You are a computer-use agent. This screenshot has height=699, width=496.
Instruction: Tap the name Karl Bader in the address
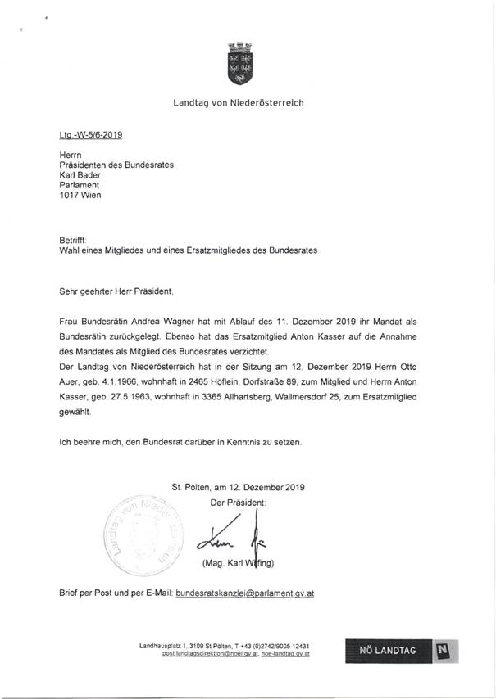coord(80,174)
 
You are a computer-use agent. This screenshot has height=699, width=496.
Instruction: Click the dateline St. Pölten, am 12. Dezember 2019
coord(238,487)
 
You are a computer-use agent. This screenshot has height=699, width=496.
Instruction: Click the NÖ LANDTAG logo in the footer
coord(401,651)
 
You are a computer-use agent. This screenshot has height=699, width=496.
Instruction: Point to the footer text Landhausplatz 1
coord(168,647)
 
